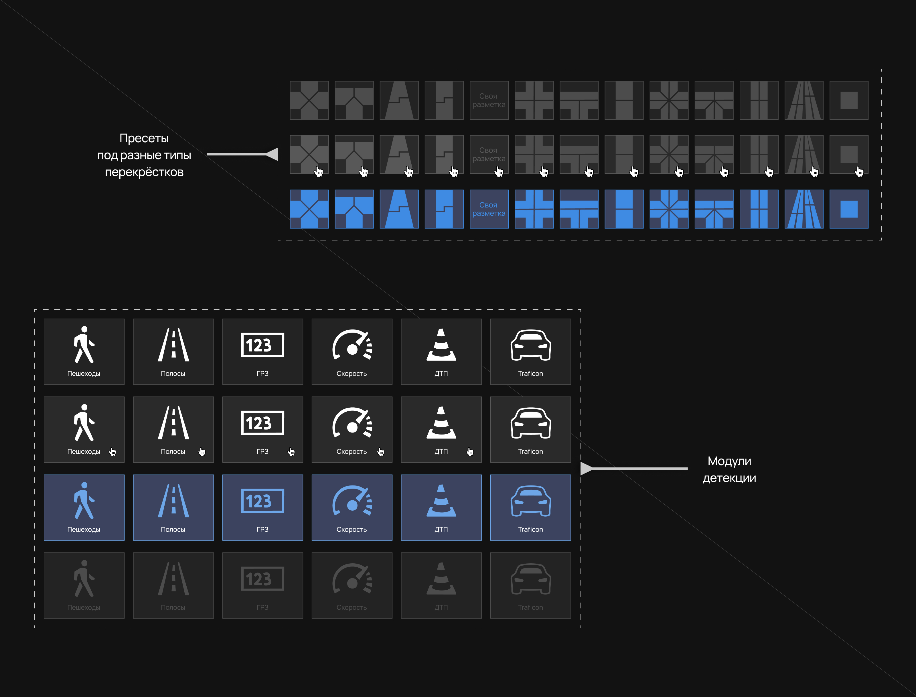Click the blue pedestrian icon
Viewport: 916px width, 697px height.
point(84,500)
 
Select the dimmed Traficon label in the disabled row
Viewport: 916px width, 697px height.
point(530,607)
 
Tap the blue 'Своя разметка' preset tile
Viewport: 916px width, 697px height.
point(489,209)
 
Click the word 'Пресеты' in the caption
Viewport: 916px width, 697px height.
point(144,138)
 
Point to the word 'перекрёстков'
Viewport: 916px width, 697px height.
point(144,172)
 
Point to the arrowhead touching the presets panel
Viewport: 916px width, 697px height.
point(273,154)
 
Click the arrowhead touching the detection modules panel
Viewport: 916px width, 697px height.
point(586,468)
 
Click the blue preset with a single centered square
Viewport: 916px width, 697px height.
point(849,209)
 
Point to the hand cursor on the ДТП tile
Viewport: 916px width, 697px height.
point(470,451)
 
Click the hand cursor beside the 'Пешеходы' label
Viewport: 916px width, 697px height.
point(112,451)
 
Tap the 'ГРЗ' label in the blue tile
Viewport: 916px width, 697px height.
point(262,529)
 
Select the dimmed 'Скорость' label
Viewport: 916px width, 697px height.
point(352,607)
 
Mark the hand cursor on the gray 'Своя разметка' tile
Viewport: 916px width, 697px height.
point(499,171)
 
